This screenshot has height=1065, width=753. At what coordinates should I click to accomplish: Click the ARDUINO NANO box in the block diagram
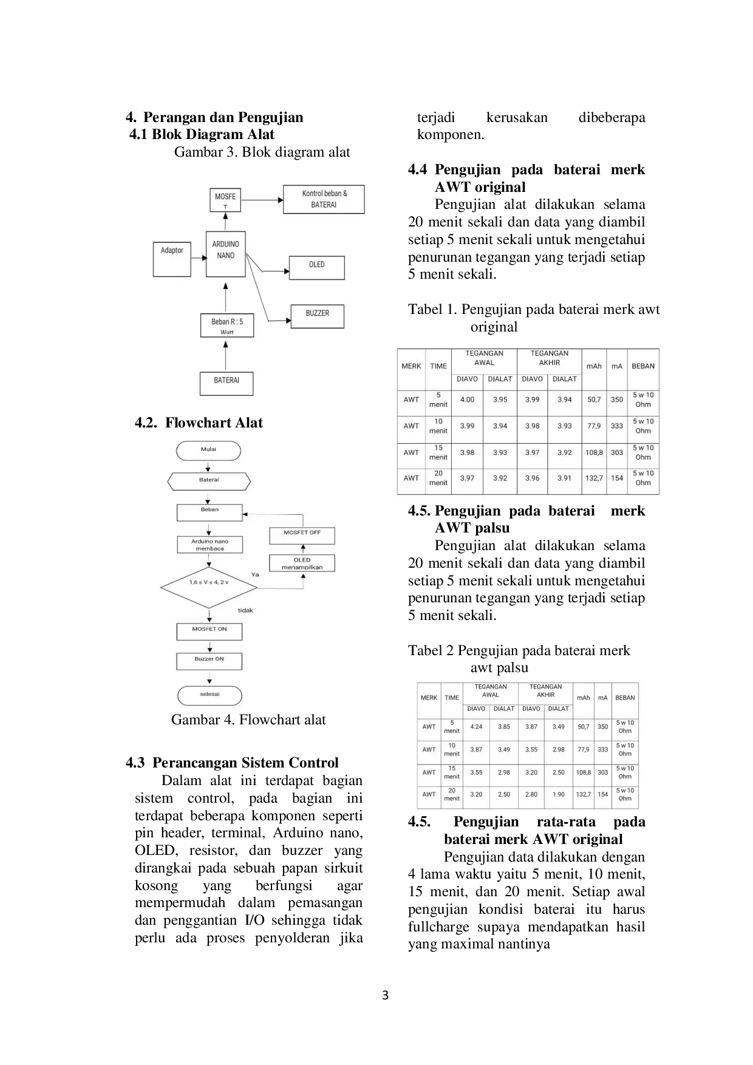point(225,254)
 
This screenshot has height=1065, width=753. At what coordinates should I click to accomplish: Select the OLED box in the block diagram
point(316,267)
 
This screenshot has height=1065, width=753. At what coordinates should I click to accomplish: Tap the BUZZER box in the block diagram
point(317,316)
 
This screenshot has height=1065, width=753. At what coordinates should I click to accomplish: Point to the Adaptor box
point(172,259)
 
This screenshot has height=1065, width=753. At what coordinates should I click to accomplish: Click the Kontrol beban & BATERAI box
point(324,199)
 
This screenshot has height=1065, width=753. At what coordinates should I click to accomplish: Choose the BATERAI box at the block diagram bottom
point(227,383)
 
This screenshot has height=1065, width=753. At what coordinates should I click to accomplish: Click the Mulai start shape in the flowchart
point(208,451)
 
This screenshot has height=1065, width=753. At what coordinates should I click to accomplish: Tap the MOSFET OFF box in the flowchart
point(302,536)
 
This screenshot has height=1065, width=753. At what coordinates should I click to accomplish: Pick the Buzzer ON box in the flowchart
point(209,661)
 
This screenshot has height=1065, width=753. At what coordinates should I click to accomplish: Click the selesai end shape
point(210,696)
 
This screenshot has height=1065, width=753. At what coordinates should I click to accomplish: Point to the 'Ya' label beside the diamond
point(255,574)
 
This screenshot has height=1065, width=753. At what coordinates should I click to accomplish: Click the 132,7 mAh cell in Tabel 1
point(594,478)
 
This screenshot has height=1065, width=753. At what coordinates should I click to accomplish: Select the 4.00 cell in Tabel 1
point(467,400)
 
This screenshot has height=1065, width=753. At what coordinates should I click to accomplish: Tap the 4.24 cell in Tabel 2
point(476,727)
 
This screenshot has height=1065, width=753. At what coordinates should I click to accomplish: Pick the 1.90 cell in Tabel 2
point(558,794)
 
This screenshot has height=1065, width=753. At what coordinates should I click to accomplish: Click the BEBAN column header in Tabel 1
point(643,366)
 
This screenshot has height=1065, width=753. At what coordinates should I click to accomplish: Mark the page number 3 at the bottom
point(385,995)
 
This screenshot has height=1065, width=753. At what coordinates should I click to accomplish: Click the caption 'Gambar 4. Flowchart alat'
point(248,720)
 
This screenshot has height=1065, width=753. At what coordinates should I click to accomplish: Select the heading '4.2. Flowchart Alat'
point(199,423)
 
